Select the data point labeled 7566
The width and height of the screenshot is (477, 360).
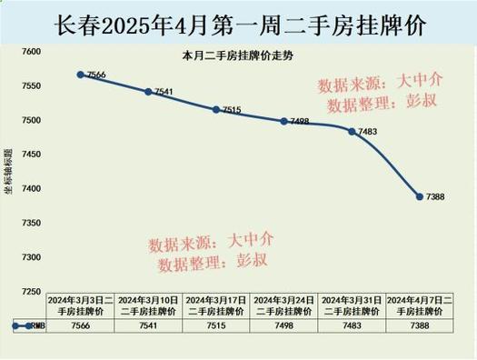pos(80,75)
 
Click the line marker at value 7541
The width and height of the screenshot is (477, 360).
pos(148,92)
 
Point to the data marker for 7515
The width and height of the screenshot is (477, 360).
pos(216,109)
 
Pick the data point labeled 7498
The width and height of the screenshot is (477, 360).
pos(284,121)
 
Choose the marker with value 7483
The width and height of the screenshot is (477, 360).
pos(352,131)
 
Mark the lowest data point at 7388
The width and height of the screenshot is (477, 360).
pos(420,196)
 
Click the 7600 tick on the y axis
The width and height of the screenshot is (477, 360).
pos(31,53)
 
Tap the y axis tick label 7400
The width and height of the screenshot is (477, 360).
pos(31,189)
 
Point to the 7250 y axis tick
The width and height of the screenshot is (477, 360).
pos(31,292)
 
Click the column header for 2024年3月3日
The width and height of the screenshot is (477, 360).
pos(80,305)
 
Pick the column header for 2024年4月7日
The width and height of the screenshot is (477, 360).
pos(420,305)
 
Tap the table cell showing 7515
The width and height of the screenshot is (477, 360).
pos(216,325)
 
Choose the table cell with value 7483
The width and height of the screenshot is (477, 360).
pos(352,325)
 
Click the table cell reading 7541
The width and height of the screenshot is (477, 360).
pos(148,325)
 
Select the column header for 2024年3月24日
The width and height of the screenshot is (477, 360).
pos(284,305)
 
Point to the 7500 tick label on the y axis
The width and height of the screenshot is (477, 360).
pos(31,121)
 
